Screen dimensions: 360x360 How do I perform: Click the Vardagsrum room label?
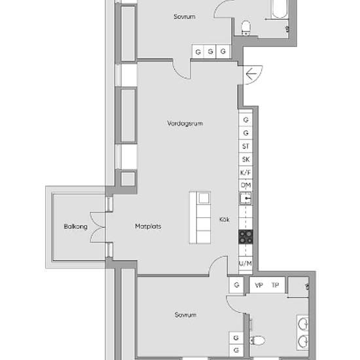point(185,124)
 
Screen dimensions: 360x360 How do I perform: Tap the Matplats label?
point(148,226)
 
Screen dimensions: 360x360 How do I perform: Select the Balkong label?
point(75,226)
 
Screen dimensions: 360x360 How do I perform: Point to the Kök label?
point(225,219)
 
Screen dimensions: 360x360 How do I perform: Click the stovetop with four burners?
point(245,237)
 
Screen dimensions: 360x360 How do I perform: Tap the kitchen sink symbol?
point(245,198)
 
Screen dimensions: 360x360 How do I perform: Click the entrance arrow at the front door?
point(251,74)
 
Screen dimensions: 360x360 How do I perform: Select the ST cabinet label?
point(245,146)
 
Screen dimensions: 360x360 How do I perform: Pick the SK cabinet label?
point(246,159)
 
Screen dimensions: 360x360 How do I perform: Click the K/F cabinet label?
point(245,172)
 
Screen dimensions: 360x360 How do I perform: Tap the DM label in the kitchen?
point(246,185)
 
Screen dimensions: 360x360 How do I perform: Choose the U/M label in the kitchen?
point(245,263)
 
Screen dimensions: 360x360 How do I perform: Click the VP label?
point(259,285)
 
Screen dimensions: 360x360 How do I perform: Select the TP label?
point(275,285)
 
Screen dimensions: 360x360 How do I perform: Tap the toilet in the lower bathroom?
point(257,340)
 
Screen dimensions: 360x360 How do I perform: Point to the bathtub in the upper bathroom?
point(279,9)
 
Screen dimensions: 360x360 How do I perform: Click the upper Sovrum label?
point(185,16)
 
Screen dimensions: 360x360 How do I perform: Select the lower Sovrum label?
point(185,315)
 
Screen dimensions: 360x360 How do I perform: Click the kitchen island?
point(200,218)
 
